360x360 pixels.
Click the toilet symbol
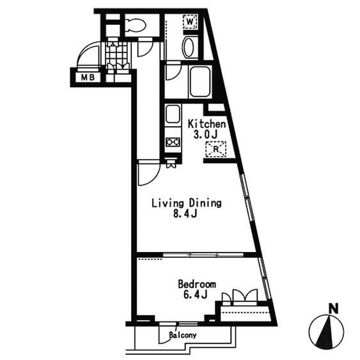tap(136, 25)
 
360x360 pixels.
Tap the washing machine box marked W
tap(190, 22)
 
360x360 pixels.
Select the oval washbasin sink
tap(189, 47)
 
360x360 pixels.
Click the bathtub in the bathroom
tap(200, 82)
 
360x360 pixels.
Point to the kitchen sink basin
tap(173, 114)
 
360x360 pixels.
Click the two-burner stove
tap(173, 143)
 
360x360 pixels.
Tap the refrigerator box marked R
tap(216, 149)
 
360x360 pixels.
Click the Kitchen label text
tap(207, 124)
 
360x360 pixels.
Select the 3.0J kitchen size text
tap(205, 134)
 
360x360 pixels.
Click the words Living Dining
tap(187, 203)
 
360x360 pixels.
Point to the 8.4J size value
tap(185, 214)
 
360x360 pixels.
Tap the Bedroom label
tap(197, 285)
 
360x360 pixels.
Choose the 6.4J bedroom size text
tap(196, 295)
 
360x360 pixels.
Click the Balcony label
tap(183, 335)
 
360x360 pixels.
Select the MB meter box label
tap(88, 77)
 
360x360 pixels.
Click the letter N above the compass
tap(334, 309)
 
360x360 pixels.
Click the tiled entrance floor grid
tap(117, 55)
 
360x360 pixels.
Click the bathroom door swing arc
tap(174, 72)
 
